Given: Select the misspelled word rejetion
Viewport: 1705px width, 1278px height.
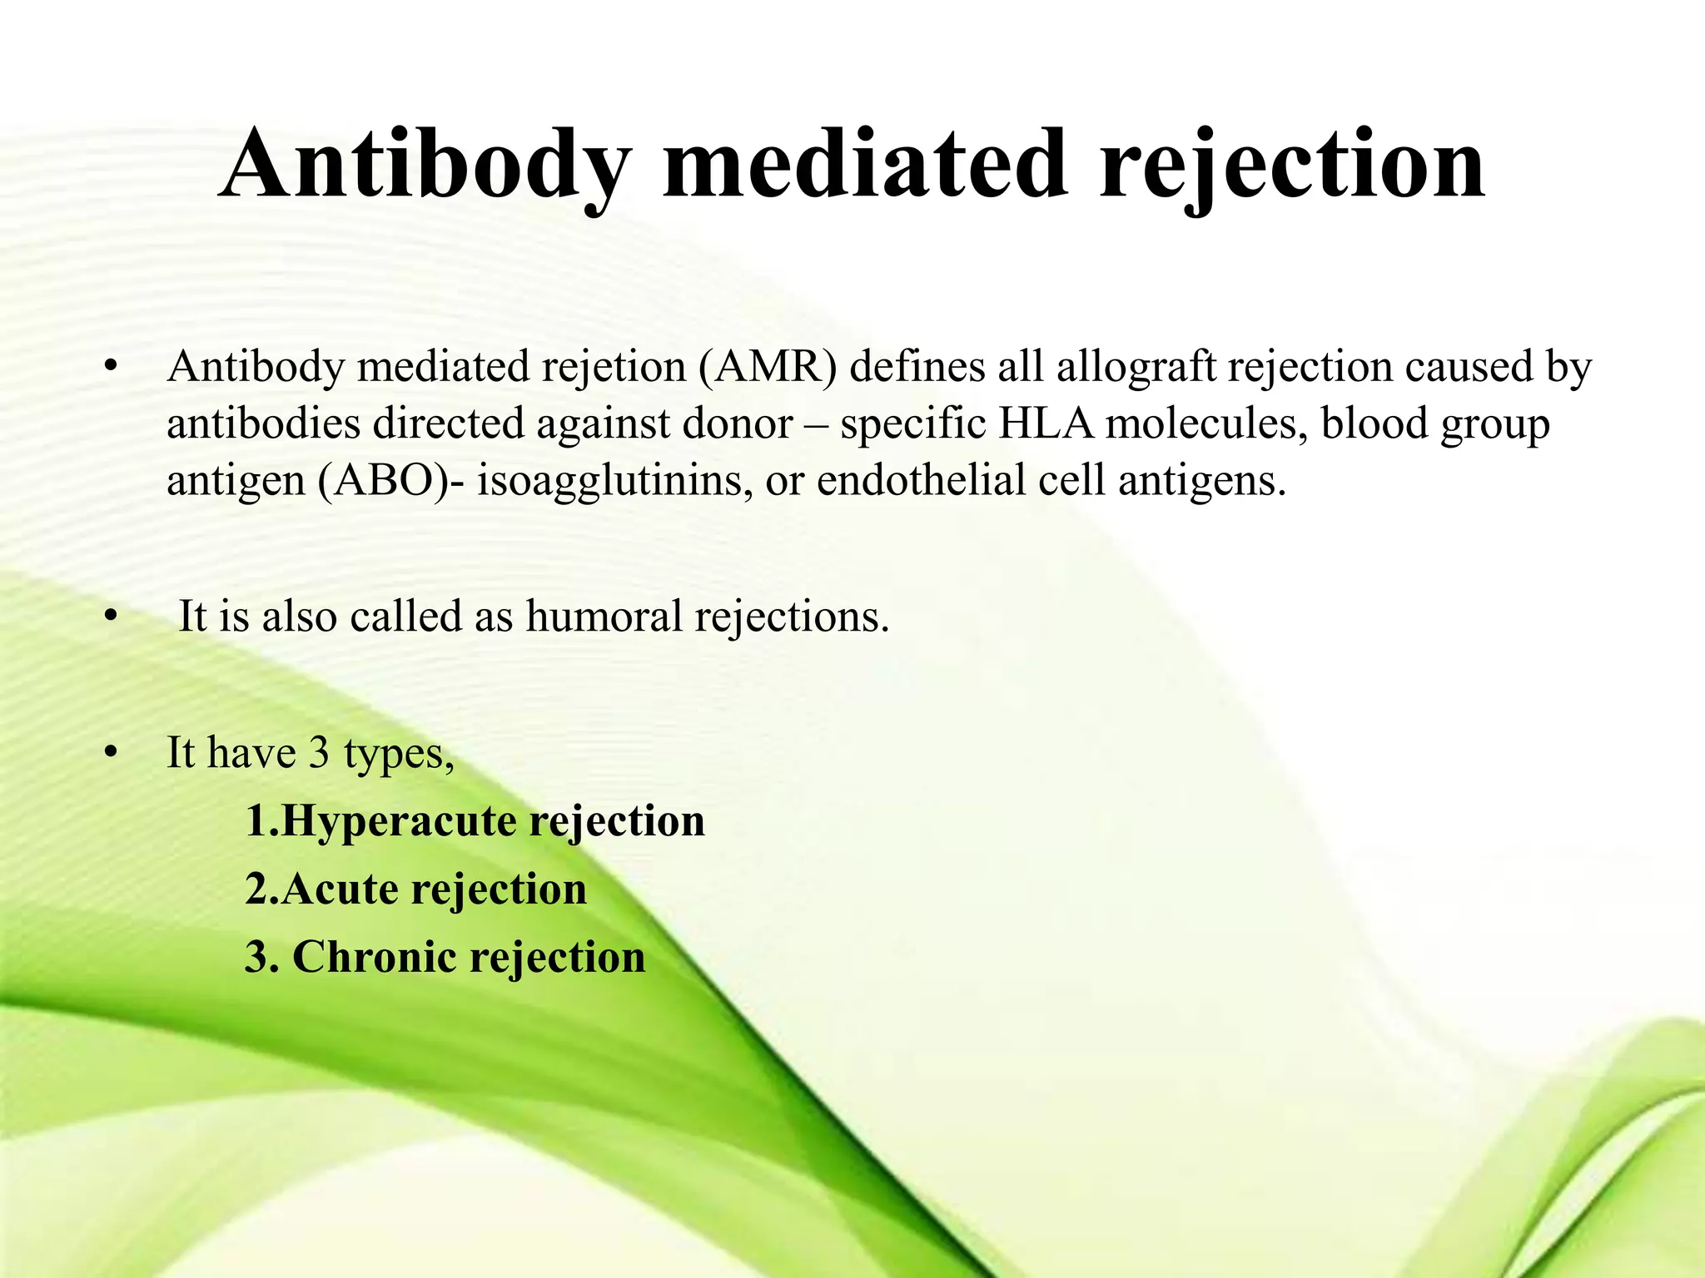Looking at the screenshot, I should point(614,367).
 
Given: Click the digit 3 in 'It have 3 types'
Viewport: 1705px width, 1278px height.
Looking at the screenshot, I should point(319,753).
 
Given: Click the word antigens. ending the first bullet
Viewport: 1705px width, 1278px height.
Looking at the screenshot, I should point(1201,482).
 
